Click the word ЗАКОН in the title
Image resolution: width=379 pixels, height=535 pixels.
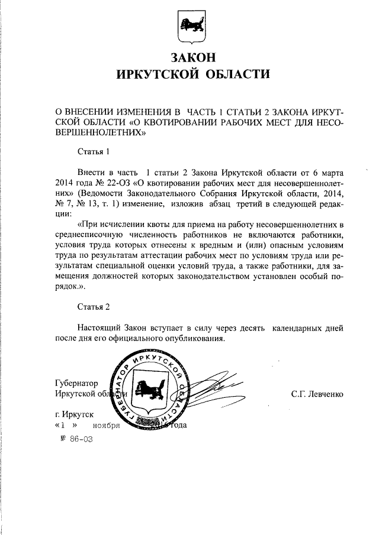190,58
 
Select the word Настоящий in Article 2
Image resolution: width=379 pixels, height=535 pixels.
99,328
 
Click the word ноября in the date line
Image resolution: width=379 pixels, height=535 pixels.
106,426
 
